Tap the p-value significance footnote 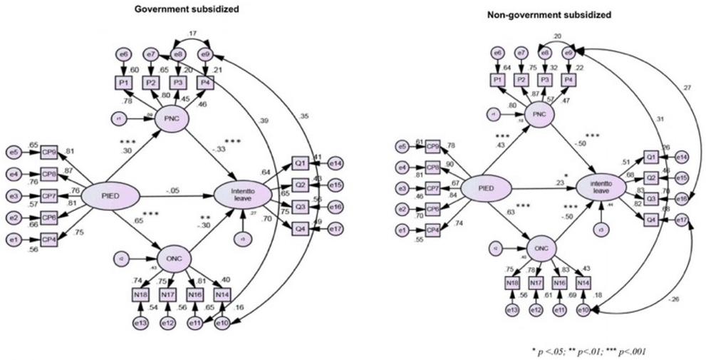(588, 351)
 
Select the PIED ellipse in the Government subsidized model (107, 195)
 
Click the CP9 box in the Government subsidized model (49, 151)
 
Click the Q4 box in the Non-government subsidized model (650, 220)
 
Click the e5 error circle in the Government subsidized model (14, 151)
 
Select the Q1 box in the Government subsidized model (299, 163)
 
